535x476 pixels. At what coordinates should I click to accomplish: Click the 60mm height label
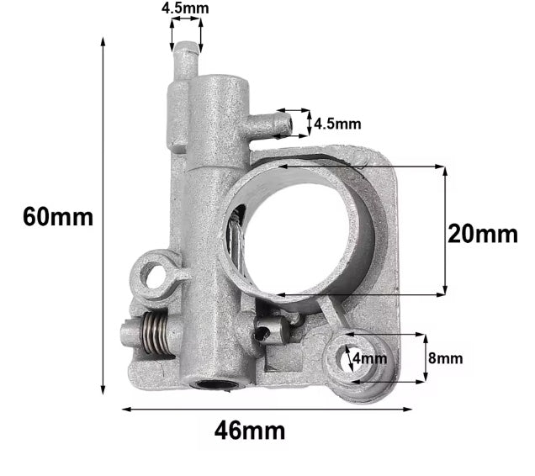pyautogui.click(x=58, y=216)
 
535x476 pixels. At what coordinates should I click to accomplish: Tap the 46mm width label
pyautogui.click(x=250, y=431)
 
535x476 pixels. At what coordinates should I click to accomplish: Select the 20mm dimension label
pyautogui.click(x=482, y=233)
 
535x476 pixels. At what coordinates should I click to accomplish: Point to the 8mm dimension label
pyautogui.click(x=447, y=358)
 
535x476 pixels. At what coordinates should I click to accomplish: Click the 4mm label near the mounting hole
pyautogui.click(x=371, y=359)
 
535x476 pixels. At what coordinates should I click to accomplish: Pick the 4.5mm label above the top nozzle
pyautogui.click(x=186, y=9)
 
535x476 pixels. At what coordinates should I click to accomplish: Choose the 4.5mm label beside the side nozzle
pyautogui.click(x=337, y=124)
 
